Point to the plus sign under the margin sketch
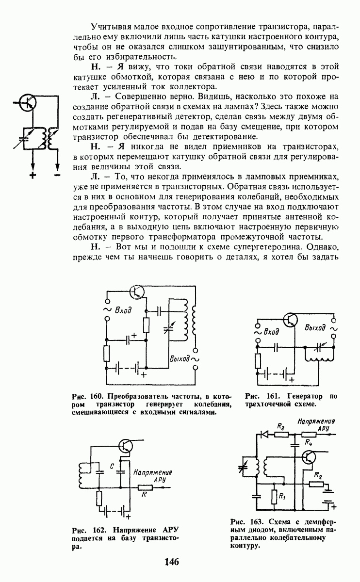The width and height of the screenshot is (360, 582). tap(33, 175)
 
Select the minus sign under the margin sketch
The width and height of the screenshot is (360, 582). tap(57, 174)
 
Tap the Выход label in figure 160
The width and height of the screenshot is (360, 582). tap(180, 359)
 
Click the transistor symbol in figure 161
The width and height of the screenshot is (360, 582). tap(291, 320)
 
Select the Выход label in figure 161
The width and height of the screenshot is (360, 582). tap(316, 328)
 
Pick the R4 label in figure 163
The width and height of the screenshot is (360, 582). tap(309, 442)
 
